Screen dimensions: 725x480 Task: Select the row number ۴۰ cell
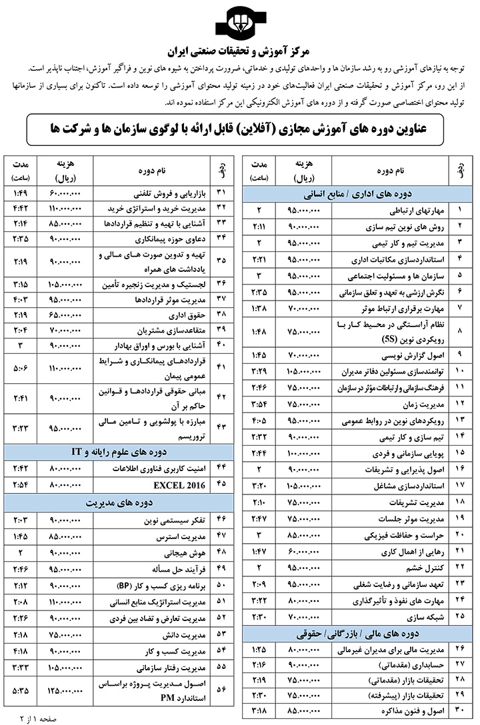coord(222,346)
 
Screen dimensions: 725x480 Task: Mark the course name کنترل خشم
coord(418,566)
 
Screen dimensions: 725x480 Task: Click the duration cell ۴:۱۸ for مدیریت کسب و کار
coord(21,650)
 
